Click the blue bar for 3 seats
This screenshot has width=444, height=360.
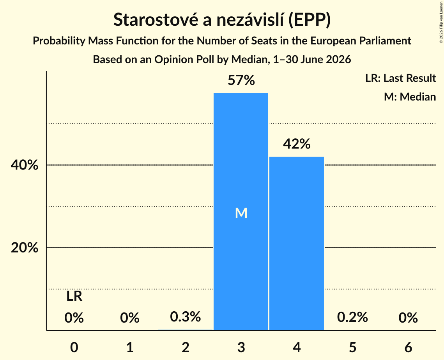pos(241,212)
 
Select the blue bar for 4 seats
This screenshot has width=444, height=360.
pos(297,244)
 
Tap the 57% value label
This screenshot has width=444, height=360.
pos(241,80)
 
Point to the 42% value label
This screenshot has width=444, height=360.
pos(297,144)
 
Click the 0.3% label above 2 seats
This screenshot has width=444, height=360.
pos(186,317)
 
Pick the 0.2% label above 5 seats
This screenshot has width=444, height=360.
pos(352,317)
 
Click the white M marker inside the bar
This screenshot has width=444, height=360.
pos(241,213)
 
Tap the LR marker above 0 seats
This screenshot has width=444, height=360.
pos(74,296)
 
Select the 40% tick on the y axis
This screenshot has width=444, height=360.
pos(25,165)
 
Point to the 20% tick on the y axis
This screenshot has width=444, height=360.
pos(25,248)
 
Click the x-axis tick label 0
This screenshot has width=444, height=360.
pos(74,347)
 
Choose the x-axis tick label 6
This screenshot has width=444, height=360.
pos(408,347)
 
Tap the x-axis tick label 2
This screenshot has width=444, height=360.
pos(186,347)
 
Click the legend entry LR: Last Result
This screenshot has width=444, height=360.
pos(400,78)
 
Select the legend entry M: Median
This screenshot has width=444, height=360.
pos(410,97)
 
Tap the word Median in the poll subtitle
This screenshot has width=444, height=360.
pos(249,60)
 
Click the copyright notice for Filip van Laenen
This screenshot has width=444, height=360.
pos(441,23)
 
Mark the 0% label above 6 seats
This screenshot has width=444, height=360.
pos(408,318)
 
